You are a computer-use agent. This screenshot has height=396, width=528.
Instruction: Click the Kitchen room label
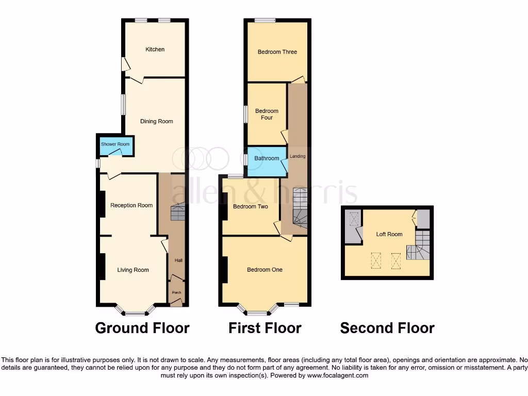point(155,49)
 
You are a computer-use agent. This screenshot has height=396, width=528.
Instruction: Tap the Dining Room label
point(156,122)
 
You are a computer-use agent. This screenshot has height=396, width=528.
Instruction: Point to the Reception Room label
point(131,205)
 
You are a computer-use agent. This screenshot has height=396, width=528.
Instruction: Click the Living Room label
point(133,270)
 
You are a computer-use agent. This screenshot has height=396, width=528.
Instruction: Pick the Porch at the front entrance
point(176,293)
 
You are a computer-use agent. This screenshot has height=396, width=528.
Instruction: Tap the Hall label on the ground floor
point(178,260)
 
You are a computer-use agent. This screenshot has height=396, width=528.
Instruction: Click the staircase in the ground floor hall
point(177,212)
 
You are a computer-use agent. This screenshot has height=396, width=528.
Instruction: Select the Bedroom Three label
point(277,52)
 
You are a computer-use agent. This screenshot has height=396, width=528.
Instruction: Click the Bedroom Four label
point(267,114)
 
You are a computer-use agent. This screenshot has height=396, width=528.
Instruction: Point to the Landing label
point(298,156)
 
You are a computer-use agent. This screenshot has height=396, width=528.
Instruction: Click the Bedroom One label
point(265,270)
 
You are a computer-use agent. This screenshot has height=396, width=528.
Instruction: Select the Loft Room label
point(389,234)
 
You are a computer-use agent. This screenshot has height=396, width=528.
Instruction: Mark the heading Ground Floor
point(142,328)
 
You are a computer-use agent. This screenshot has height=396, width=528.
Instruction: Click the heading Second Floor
point(387,328)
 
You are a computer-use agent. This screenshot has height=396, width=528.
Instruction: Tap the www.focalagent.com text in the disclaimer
point(338,376)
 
